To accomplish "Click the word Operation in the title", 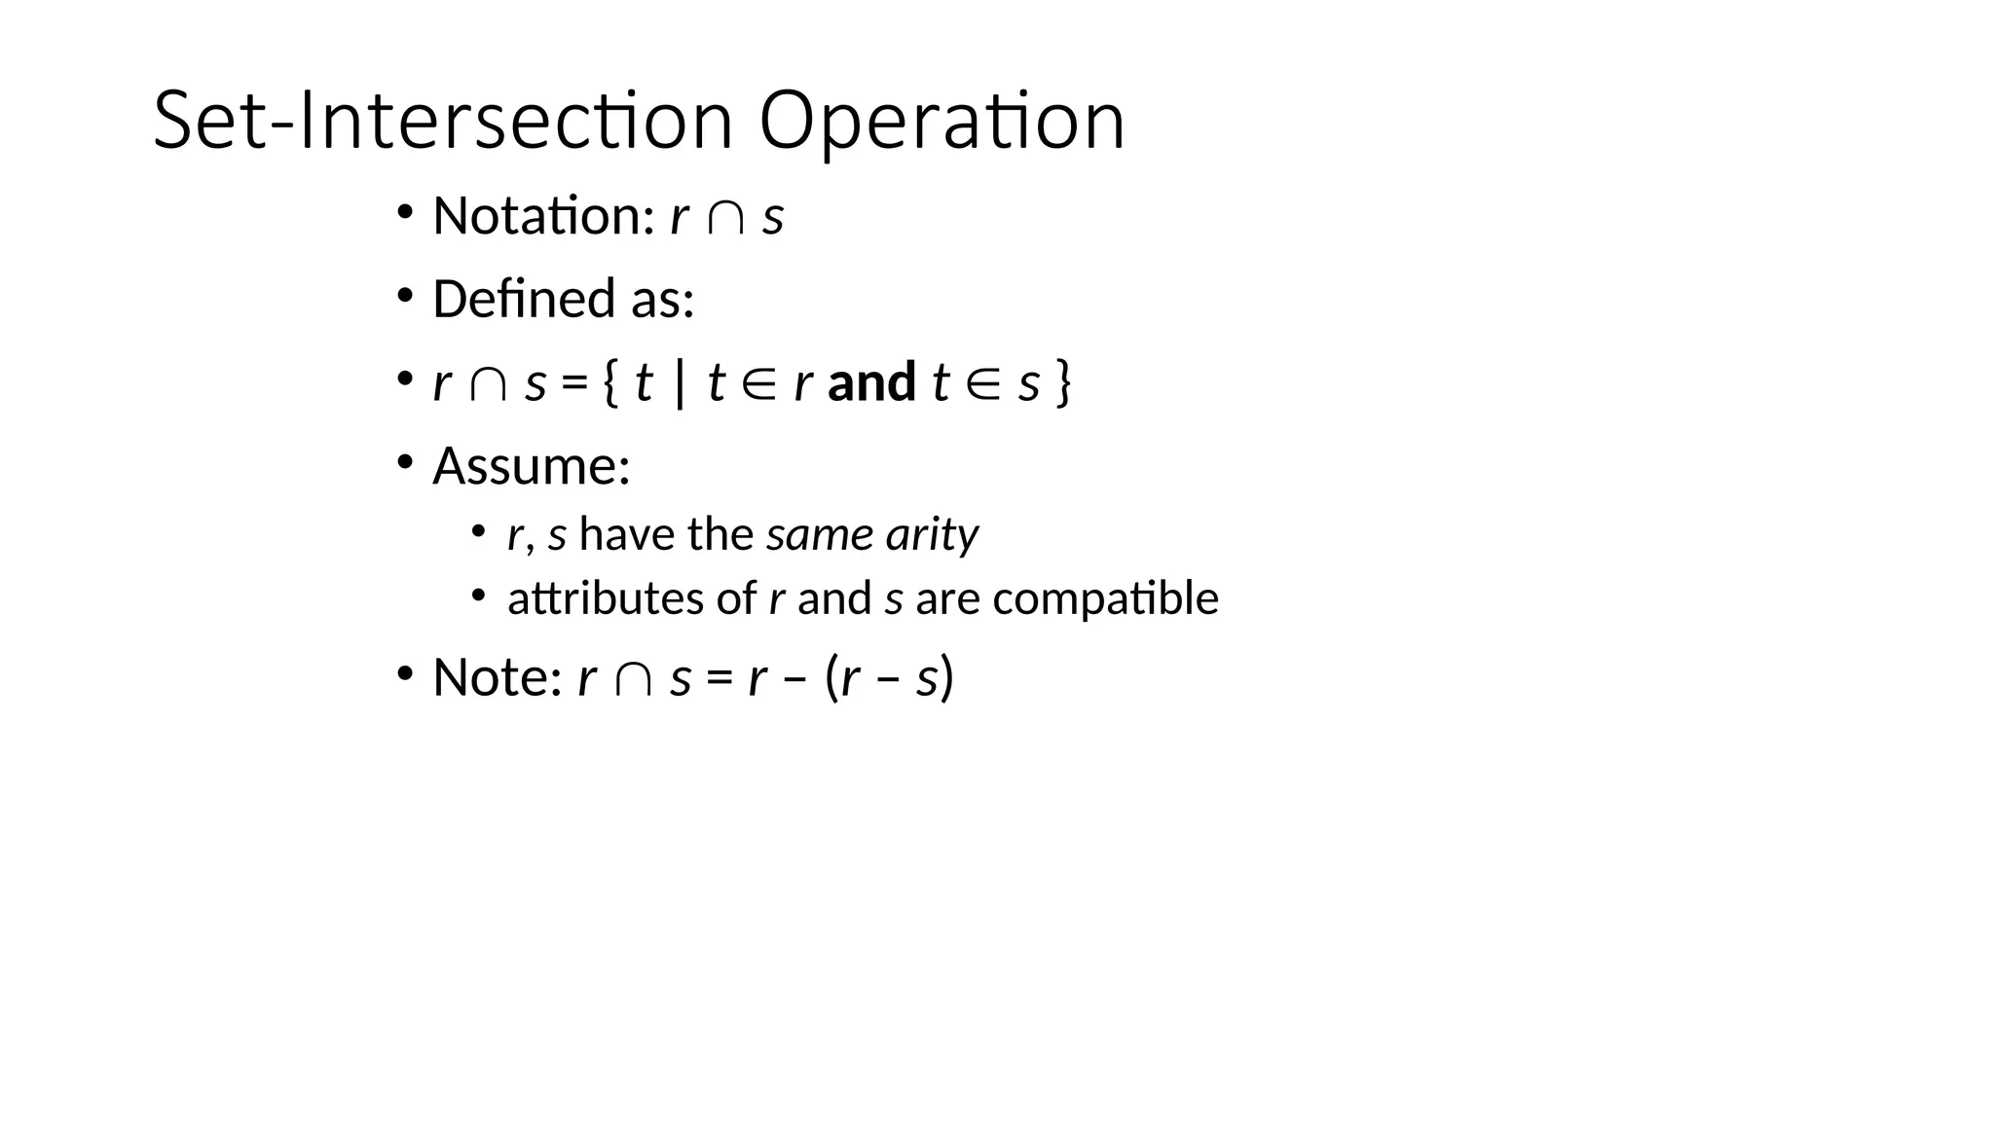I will [x=942, y=122].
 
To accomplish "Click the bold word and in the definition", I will [x=871, y=381].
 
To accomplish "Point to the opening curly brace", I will [x=610, y=382].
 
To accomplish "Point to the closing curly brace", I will [x=1063, y=382].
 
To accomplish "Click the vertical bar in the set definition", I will [x=679, y=382].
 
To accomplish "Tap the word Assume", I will [x=531, y=466].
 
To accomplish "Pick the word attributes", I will [x=605, y=598].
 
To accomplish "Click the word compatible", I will [x=1105, y=598].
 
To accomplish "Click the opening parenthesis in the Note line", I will [x=832, y=677].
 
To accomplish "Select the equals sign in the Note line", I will [x=720, y=678].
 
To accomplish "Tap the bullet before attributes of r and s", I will [x=478, y=595].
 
